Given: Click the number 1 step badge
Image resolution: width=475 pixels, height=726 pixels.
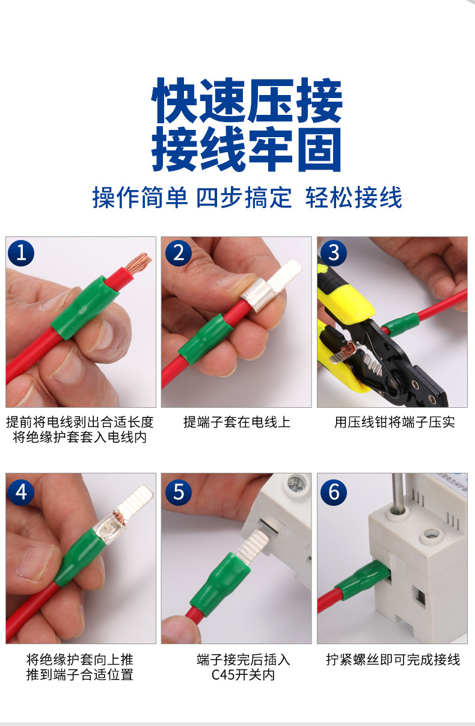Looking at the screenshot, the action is tap(21, 253).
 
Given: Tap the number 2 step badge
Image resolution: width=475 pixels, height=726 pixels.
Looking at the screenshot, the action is tap(179, 253).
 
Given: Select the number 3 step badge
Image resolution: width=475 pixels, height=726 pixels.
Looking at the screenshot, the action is tap(334, 253).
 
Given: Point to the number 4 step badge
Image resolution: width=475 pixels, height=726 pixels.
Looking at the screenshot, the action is tap(21, 492).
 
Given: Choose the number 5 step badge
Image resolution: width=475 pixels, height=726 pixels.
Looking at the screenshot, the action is tap(179, 492).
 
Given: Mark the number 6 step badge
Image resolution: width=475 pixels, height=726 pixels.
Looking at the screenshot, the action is tap(334, 492).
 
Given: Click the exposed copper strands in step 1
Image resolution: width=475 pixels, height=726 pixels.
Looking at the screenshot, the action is tap(138, 263).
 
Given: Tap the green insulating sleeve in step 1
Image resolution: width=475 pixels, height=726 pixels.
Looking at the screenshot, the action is tap(84, 307).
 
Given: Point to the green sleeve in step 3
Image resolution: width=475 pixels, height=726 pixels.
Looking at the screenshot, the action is tap(400, 324).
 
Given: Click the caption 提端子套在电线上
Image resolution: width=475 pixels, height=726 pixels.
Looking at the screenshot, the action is tap(237, 422).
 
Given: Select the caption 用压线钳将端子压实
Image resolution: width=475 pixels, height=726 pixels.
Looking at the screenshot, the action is tap(394, 422).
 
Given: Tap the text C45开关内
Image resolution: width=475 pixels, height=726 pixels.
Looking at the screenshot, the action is tap(243, 675).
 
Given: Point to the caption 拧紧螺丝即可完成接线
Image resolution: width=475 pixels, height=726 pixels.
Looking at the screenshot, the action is tap(393, 660).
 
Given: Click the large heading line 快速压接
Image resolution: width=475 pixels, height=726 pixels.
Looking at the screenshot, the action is tap(247, 100).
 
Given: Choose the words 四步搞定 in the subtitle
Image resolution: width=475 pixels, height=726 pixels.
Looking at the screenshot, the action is tap(244, 197).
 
